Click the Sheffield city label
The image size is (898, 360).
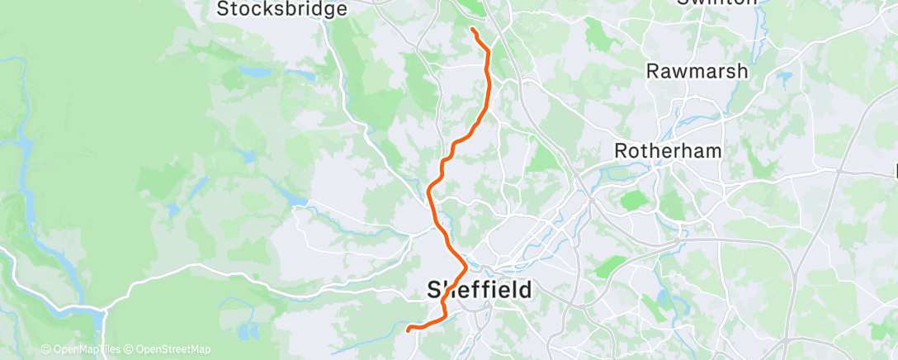click(480, 290)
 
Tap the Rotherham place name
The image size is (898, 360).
click(669, 151)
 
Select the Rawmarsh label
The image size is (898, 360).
click(697, 71)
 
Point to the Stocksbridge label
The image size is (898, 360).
click(281, 9)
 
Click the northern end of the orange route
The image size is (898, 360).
click(472, 30)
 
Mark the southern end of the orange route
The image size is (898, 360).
click(409, 329)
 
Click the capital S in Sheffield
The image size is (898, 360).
click(435, 290)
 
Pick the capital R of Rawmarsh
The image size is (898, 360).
click(653, 71)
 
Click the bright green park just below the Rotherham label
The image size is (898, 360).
click(633, 200)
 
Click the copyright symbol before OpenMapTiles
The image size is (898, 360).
click(45, 349)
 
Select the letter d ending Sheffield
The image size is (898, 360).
click(526, 290)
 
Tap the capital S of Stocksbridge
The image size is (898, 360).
click(222, 9)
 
